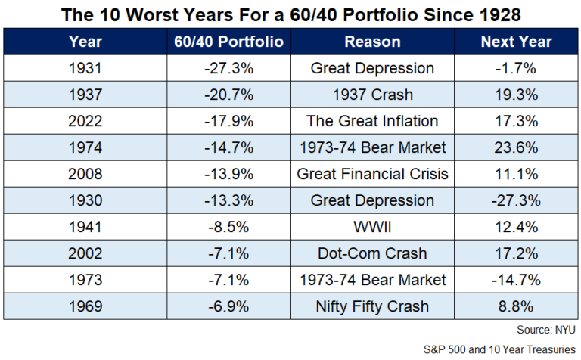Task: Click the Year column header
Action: (85, 42)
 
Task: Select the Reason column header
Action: (372, 42)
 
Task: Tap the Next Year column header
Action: (517, 42)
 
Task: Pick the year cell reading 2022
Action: (85, 121)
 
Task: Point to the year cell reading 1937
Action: (85, 95)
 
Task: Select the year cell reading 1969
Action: (85, 306)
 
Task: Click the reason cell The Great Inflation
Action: (372, 121)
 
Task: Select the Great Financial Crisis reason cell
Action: (372, 174)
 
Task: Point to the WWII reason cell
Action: (372, 227)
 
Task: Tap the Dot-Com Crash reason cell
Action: (372, 253)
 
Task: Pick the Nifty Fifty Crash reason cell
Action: (372, 306)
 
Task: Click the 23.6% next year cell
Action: (517, 147)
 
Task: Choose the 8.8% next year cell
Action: (517, 306)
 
